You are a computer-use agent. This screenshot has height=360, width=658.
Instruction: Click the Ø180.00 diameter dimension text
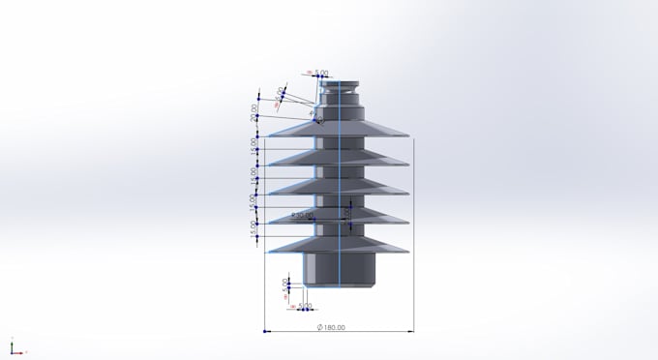click(x=331, y=327)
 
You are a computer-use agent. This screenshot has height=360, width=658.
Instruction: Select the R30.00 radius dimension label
click(x=303, y=215)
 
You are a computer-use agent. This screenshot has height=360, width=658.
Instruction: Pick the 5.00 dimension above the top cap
click(x=320, y=73)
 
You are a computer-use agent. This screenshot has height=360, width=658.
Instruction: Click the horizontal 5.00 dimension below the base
click(x=305, y=306)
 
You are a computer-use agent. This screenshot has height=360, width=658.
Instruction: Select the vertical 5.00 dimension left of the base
click(x=285, y=285)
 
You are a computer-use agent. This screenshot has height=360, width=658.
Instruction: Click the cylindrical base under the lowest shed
click(x=339, y=271)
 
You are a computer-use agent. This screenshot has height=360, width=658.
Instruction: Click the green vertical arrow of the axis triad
click(x=12, y=345)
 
